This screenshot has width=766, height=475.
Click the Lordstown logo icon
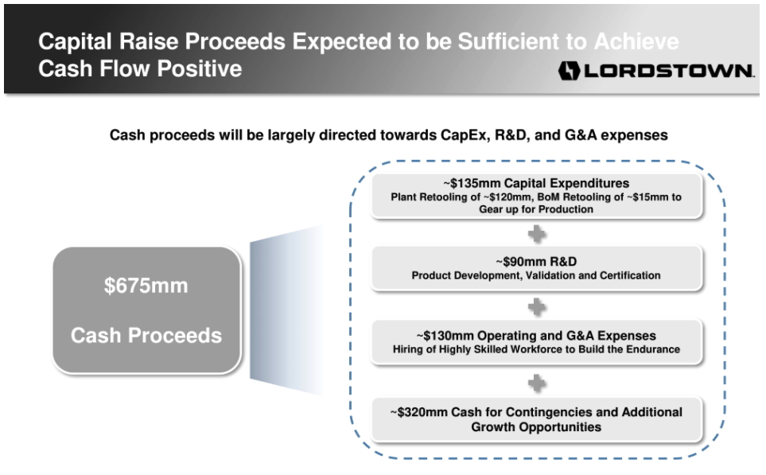pyautogui.click(x=569, y=71)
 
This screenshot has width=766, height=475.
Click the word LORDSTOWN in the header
pyautogui.click(x=669, y=71)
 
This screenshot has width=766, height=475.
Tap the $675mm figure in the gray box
pyautogui.click(x=146, y=286)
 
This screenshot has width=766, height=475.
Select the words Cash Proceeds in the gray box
pyautogui.click(x=146, y=336)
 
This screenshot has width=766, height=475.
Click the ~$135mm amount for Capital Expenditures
pyautogui.click(x=472, y=183)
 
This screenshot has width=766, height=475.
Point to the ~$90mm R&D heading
pyautogui.click(x=536, y=262)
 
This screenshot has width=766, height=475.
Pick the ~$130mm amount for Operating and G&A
pyautogui.click(x=445, y=336)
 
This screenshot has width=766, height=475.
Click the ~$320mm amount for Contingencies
pyautogui.click(x=418, y=412)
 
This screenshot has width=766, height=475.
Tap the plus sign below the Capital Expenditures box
pyautogui.click(x=536, y=234)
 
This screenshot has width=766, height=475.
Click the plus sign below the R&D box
pyautogui.click(x=536, y=307)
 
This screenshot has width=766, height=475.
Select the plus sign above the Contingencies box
pyautogui.click(x=536, y=384)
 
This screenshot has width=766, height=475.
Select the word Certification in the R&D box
pyautogui.click(x=630, y=275)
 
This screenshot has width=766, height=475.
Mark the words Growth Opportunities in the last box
pyautogui.click(x=536, y=426)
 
